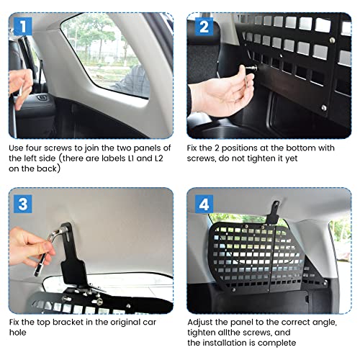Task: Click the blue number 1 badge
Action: click(23, 27)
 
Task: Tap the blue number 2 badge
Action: click(204, 27)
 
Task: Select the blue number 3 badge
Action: click(23, 204)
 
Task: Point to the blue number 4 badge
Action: click(204, 204)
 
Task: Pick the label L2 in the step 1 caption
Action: click(158, 158)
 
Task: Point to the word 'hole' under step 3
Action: click(17, 333)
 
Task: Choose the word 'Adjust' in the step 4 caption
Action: click(200, 322)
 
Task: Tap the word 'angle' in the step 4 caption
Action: click(324, 323)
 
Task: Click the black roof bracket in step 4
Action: click(274, 212)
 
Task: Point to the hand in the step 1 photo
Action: click(20, 87)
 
